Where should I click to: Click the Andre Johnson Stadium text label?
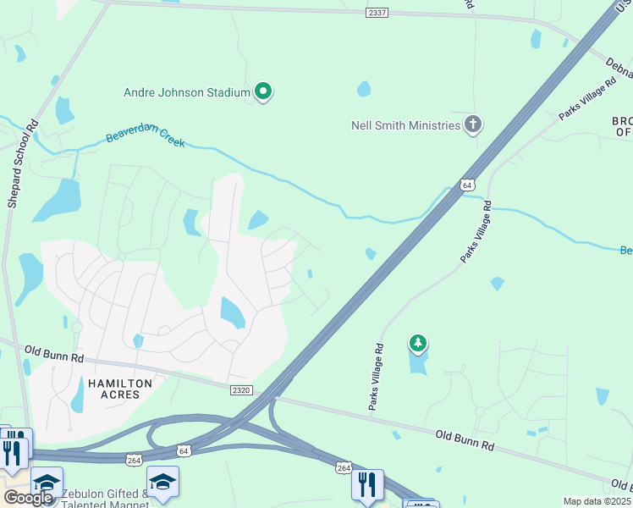point(187,92)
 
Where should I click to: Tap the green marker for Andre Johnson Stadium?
point(263,91)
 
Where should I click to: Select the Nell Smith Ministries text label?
point(405,125)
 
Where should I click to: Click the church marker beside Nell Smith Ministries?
point(472,125)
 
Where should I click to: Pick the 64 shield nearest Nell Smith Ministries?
point(467,184)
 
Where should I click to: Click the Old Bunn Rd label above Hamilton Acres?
point(55,353)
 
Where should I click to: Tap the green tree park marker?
point(417,343)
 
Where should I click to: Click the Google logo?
point(28,498)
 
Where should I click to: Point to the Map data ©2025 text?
point(596,501)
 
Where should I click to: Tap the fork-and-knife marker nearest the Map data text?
point(368,485)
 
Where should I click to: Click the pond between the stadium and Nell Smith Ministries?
point(364,88)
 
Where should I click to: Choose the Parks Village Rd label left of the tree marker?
point(376,377)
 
